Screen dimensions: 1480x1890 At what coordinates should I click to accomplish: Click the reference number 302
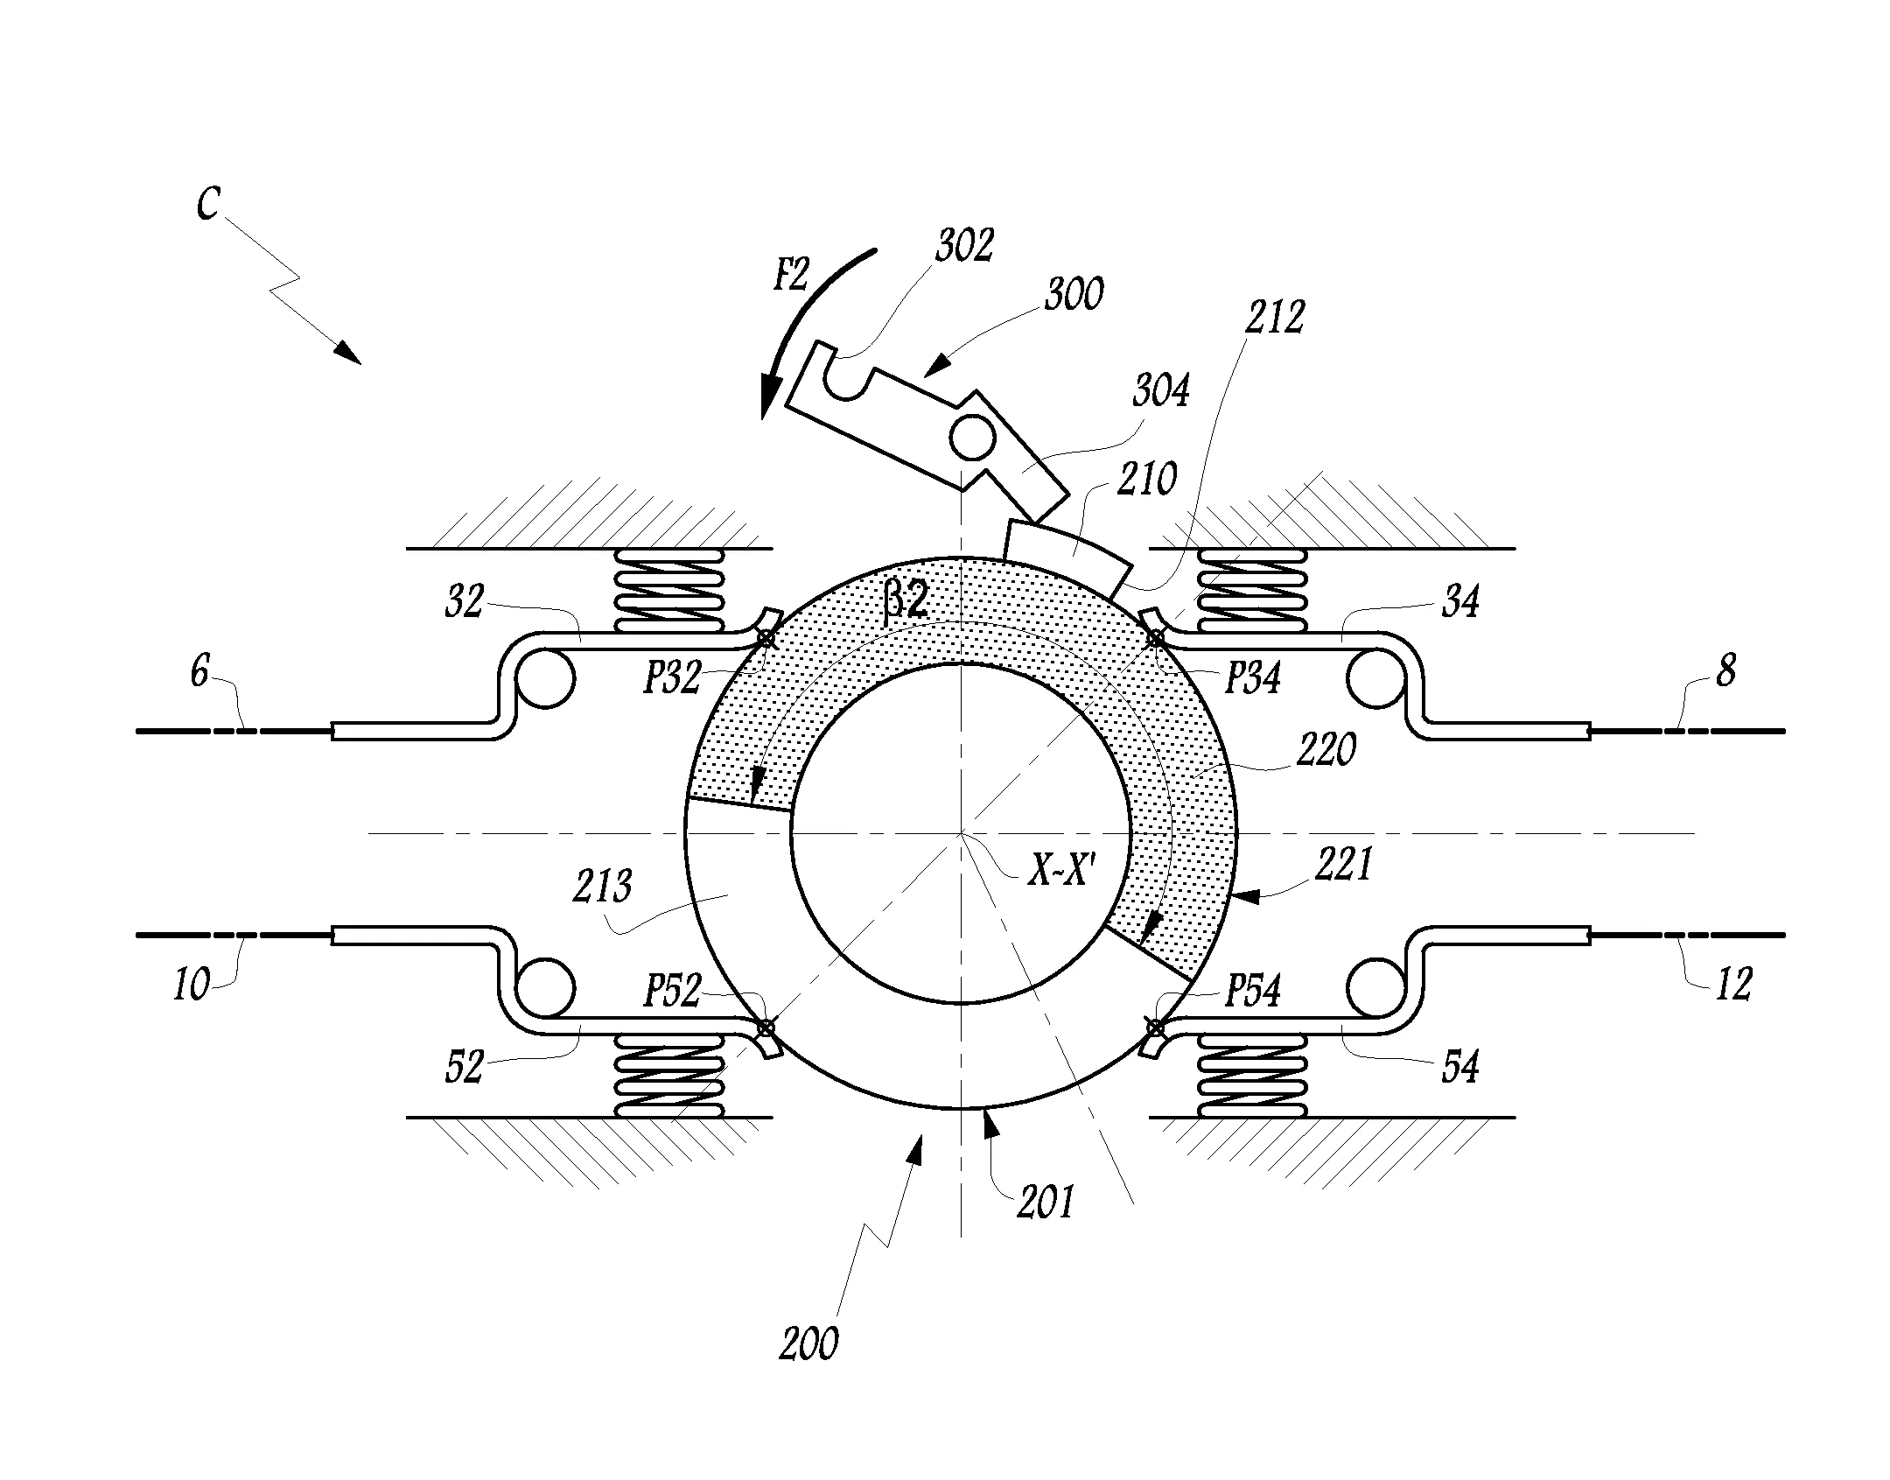[x=964, y=246]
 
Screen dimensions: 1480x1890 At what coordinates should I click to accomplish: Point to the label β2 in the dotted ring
[x=906, y=601]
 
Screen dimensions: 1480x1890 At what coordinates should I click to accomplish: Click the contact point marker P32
[x=766, y=639]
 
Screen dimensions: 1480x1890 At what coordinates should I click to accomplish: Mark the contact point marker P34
[x=1155, y=640]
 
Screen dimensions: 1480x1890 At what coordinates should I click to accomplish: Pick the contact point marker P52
[x=766, y=1027]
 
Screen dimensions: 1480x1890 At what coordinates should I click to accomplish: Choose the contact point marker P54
[x=1155, y=1027]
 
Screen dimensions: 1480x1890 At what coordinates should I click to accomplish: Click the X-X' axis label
[x=1060, y=872]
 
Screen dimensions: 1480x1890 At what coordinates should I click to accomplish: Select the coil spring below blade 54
[x=1251, y=1076]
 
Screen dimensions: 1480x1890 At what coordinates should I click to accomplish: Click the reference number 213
[x=603, y=887]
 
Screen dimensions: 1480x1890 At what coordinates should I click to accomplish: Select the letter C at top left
[x=207, y=203]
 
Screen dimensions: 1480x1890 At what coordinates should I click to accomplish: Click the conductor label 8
[x=1725, y=672]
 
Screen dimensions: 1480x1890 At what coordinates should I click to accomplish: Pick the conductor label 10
[x=192, y=985]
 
